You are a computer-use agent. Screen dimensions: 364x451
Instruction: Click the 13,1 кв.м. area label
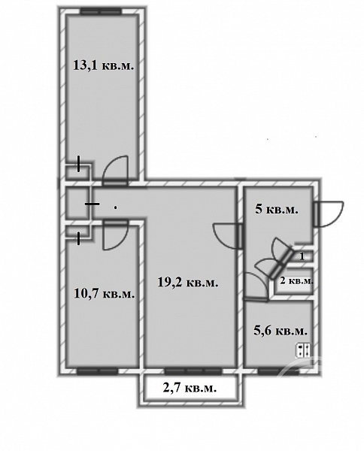[x=104, y=65]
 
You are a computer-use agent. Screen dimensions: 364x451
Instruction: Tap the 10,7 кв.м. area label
[x=105, y=294]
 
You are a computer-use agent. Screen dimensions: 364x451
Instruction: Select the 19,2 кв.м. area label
[x=188, y=283]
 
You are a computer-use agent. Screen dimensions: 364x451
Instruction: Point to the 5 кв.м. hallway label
[x=277, y=210]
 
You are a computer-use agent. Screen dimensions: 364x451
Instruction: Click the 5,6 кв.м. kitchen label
[x=281, y=331]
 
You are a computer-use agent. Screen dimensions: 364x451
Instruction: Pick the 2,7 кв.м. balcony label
[x=190, y=389]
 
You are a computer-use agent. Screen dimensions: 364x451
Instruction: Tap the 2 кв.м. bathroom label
[x=296, y=280]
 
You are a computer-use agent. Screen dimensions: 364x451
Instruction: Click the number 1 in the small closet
[x=302, y=256]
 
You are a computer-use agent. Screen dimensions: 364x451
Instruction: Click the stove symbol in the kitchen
[x=303, y=350]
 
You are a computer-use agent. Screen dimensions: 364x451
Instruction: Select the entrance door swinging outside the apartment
[x=328, y=214]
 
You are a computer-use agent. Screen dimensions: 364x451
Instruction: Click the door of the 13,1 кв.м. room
[x=115, y=171]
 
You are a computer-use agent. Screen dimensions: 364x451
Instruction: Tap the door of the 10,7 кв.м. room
[x=115, y=235]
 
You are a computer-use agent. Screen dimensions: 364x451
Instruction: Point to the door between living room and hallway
[x=228, y=236]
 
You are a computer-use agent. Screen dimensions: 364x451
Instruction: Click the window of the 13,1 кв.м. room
[x=101, y=11]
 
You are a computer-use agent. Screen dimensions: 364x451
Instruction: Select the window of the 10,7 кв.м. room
[x=97, y=371]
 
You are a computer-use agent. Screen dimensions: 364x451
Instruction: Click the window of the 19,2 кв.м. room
[x=193, y=371]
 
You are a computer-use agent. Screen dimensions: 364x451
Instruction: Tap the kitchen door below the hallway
[x=256, y=287]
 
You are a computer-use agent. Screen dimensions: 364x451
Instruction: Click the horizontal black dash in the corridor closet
[x=93, y=204]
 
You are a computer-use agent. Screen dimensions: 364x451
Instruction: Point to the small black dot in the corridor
[x=116, y=207]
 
